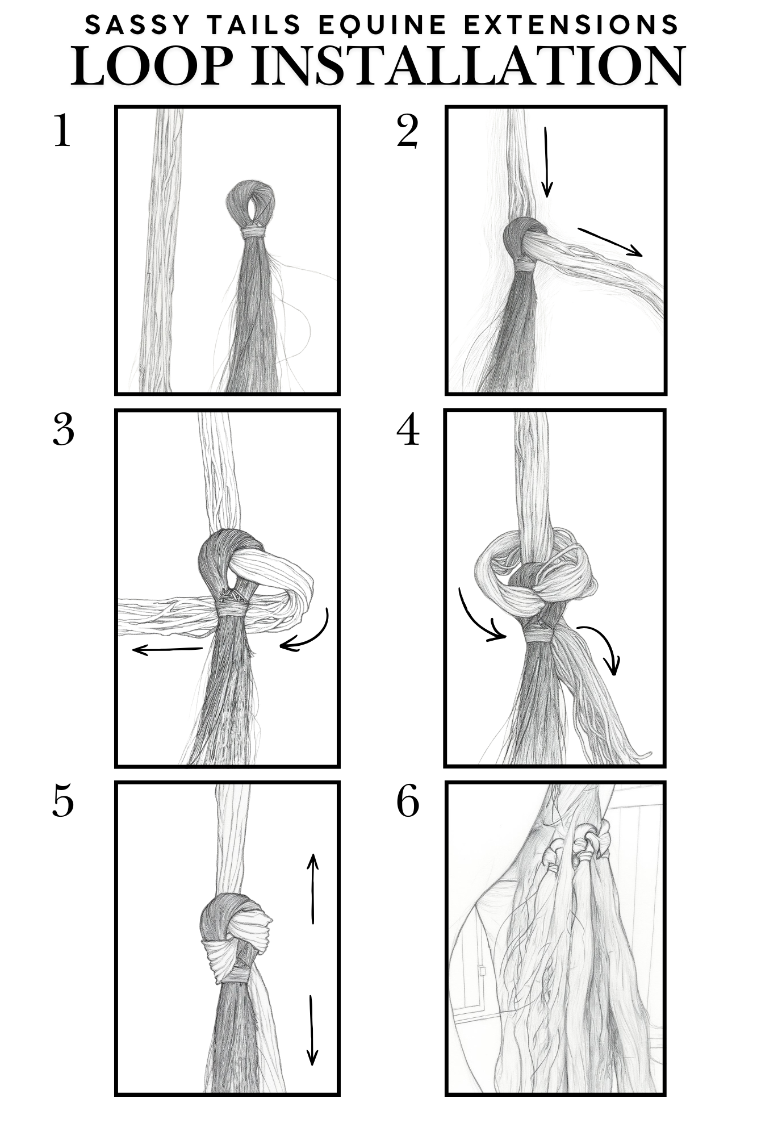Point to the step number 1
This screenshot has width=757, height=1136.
[62, 131]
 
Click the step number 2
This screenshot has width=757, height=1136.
[408, 131]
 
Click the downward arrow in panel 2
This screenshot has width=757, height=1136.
[546, 162]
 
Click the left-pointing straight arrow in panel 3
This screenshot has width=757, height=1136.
[168, 650]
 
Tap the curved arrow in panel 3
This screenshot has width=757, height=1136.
[316, 636]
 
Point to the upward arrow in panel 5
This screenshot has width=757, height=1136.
[312, 888]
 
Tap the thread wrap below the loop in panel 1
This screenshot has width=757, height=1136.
[253, 232]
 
